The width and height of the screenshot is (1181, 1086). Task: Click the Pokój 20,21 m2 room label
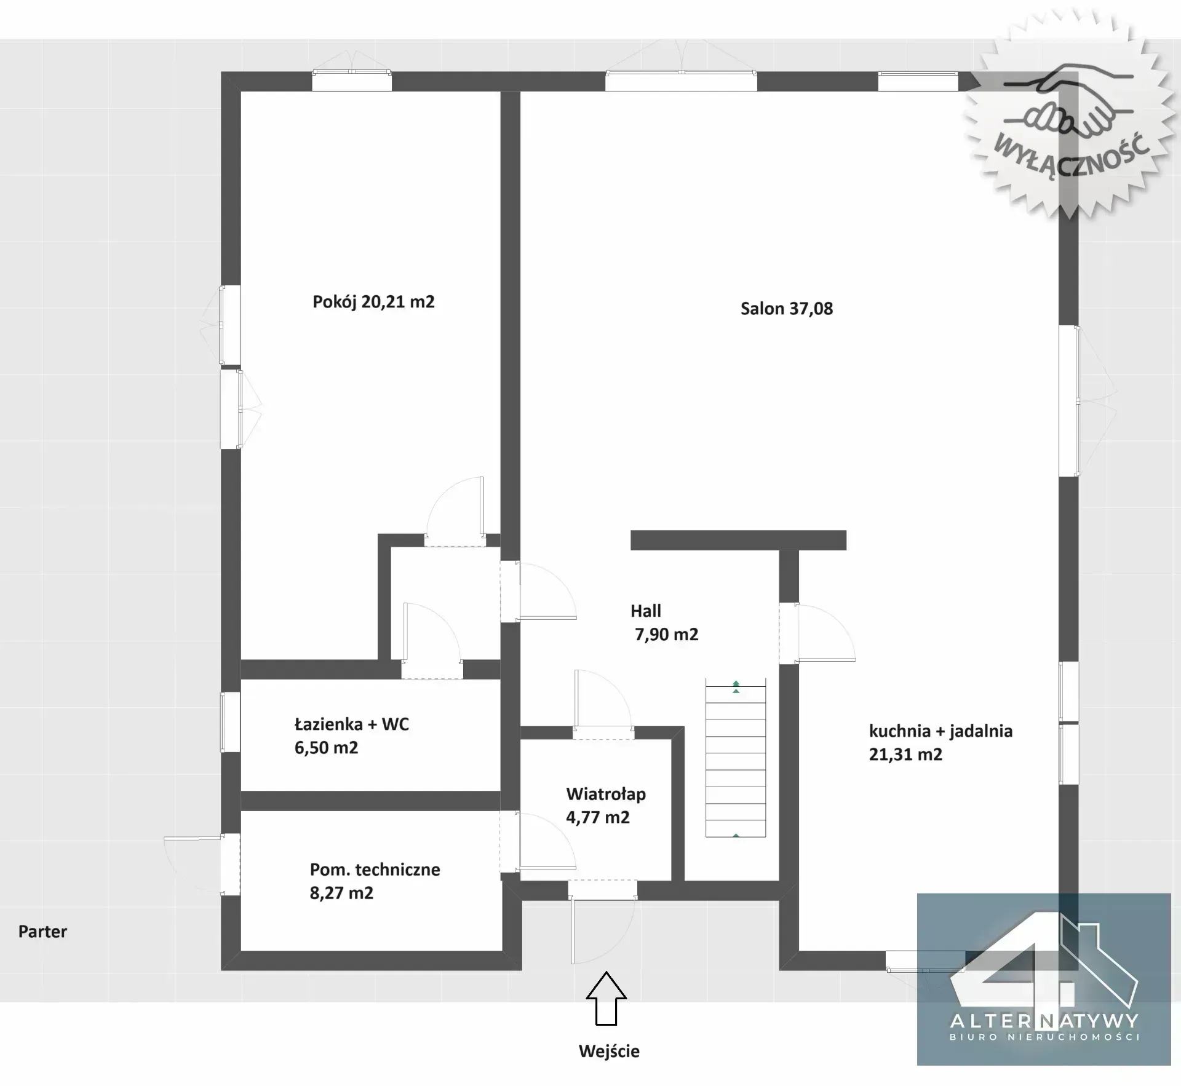373,302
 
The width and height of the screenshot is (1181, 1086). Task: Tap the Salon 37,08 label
787,309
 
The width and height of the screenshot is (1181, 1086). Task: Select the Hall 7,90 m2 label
664,622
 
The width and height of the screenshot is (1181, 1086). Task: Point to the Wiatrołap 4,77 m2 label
606,806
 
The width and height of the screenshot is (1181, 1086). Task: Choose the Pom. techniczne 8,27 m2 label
375,881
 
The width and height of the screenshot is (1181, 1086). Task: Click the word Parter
42,932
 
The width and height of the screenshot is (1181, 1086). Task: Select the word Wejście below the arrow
609,1051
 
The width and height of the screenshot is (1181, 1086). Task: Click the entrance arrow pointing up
606,998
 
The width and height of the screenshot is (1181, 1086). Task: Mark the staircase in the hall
736,758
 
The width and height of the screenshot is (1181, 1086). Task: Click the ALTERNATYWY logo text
1044,1021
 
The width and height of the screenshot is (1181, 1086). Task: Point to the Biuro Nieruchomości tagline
1045,1037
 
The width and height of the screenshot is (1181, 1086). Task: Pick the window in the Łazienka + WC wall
231,722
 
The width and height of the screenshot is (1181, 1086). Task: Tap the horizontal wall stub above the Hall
738,540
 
